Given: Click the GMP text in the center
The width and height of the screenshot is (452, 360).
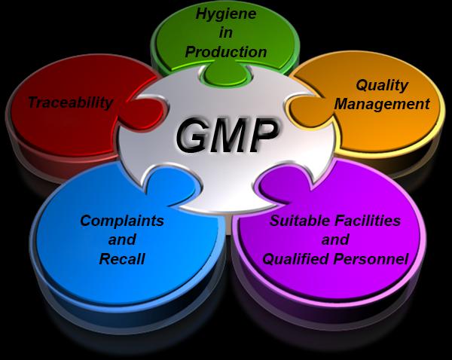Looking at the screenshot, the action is tap(227, 135).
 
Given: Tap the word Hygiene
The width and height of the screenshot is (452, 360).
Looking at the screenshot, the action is tap(226, 14).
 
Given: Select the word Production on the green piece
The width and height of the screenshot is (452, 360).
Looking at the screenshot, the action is tap(226, 52).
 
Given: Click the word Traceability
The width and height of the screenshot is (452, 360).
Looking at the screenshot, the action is tap(71, 102).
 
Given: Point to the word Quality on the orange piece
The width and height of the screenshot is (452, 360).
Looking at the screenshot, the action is tap(382, 85).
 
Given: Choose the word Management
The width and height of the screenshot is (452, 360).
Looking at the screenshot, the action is tap(382, 104).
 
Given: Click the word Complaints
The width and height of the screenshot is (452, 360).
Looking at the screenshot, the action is tap(122, 221).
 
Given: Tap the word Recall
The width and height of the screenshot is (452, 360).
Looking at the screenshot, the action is tap(122, 258).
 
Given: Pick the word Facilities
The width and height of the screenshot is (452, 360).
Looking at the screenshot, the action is tap(368, 221).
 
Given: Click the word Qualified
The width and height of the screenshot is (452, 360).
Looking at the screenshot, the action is tap(296, 259).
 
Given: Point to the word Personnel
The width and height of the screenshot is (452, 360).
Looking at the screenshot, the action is tap(371, 258).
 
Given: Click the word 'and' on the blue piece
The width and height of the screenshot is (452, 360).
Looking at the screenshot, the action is tap(122, 239).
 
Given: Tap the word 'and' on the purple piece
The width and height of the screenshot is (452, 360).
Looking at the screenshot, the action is tap(335, 239).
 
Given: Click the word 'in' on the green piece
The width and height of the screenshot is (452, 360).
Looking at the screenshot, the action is tap(226, 32).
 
